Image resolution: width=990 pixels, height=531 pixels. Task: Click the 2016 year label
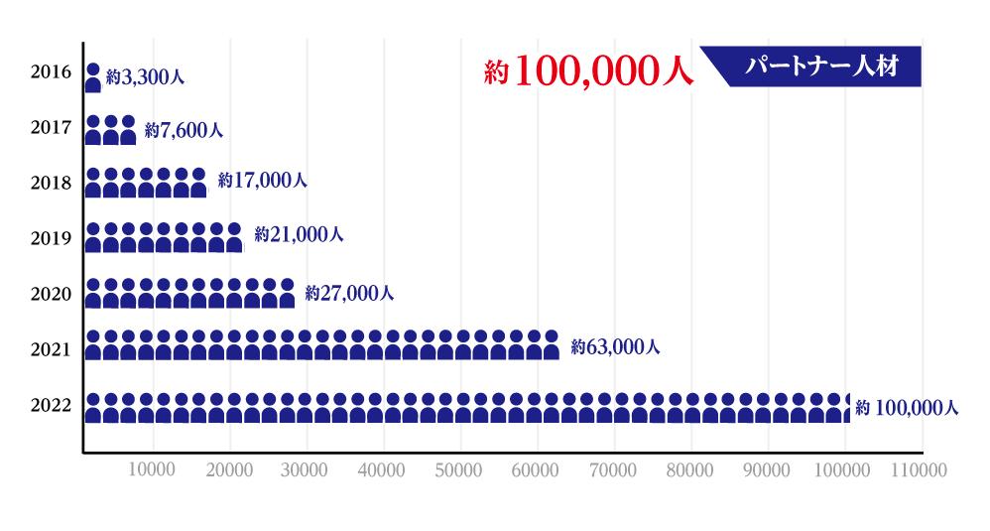pos(51,71)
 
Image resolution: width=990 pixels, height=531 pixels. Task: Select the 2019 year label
pos(51,238)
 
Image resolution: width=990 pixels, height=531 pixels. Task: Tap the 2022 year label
pos(51,405)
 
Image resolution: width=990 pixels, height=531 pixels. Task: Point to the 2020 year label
pos(51,294)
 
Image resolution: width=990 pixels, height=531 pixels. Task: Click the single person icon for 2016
pos(93,77)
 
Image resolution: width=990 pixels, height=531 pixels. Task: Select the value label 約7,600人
pos(184,130)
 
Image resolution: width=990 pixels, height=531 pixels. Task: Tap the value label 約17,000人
pos(263,181)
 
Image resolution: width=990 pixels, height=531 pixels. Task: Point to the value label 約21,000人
pos(299,235)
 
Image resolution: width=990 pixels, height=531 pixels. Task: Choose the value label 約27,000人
pos(350,293)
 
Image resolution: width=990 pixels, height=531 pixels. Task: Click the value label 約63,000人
pos(615,347)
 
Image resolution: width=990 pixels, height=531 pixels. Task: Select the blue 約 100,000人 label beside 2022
pos(907,407)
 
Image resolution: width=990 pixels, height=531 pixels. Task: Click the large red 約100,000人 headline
pos(588,71)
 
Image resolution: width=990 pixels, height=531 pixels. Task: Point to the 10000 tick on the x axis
pos(152,468)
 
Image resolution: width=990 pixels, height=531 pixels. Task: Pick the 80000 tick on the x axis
pos(689,468)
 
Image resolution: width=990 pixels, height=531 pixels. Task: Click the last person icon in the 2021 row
pos(551,343)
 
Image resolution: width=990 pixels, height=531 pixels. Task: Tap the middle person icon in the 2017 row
pos(111,130)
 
